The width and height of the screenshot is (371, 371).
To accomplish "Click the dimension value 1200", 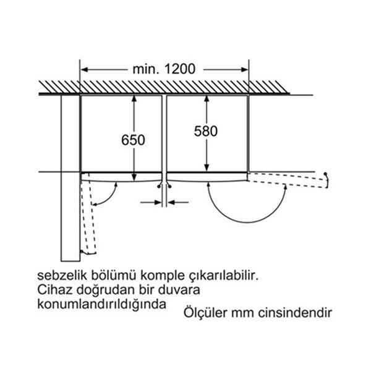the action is point(180,69).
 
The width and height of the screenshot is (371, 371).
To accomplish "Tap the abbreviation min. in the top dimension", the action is point(146,69).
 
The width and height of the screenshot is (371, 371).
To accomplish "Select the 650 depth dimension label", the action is point(133,140).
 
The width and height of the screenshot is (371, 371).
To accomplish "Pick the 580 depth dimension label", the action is point(206,131).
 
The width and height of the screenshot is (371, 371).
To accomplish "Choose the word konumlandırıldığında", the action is point(102,305).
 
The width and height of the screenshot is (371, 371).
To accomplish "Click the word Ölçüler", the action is point(206,312).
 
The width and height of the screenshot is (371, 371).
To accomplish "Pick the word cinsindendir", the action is point(295,313).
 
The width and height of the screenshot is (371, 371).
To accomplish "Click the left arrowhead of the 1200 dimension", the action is point(85,70).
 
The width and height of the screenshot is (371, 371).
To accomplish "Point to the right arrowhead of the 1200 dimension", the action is point(244,70).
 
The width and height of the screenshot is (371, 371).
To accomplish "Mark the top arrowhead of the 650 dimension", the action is point(134,98).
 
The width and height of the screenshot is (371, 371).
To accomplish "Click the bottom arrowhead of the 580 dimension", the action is point(207,168).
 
